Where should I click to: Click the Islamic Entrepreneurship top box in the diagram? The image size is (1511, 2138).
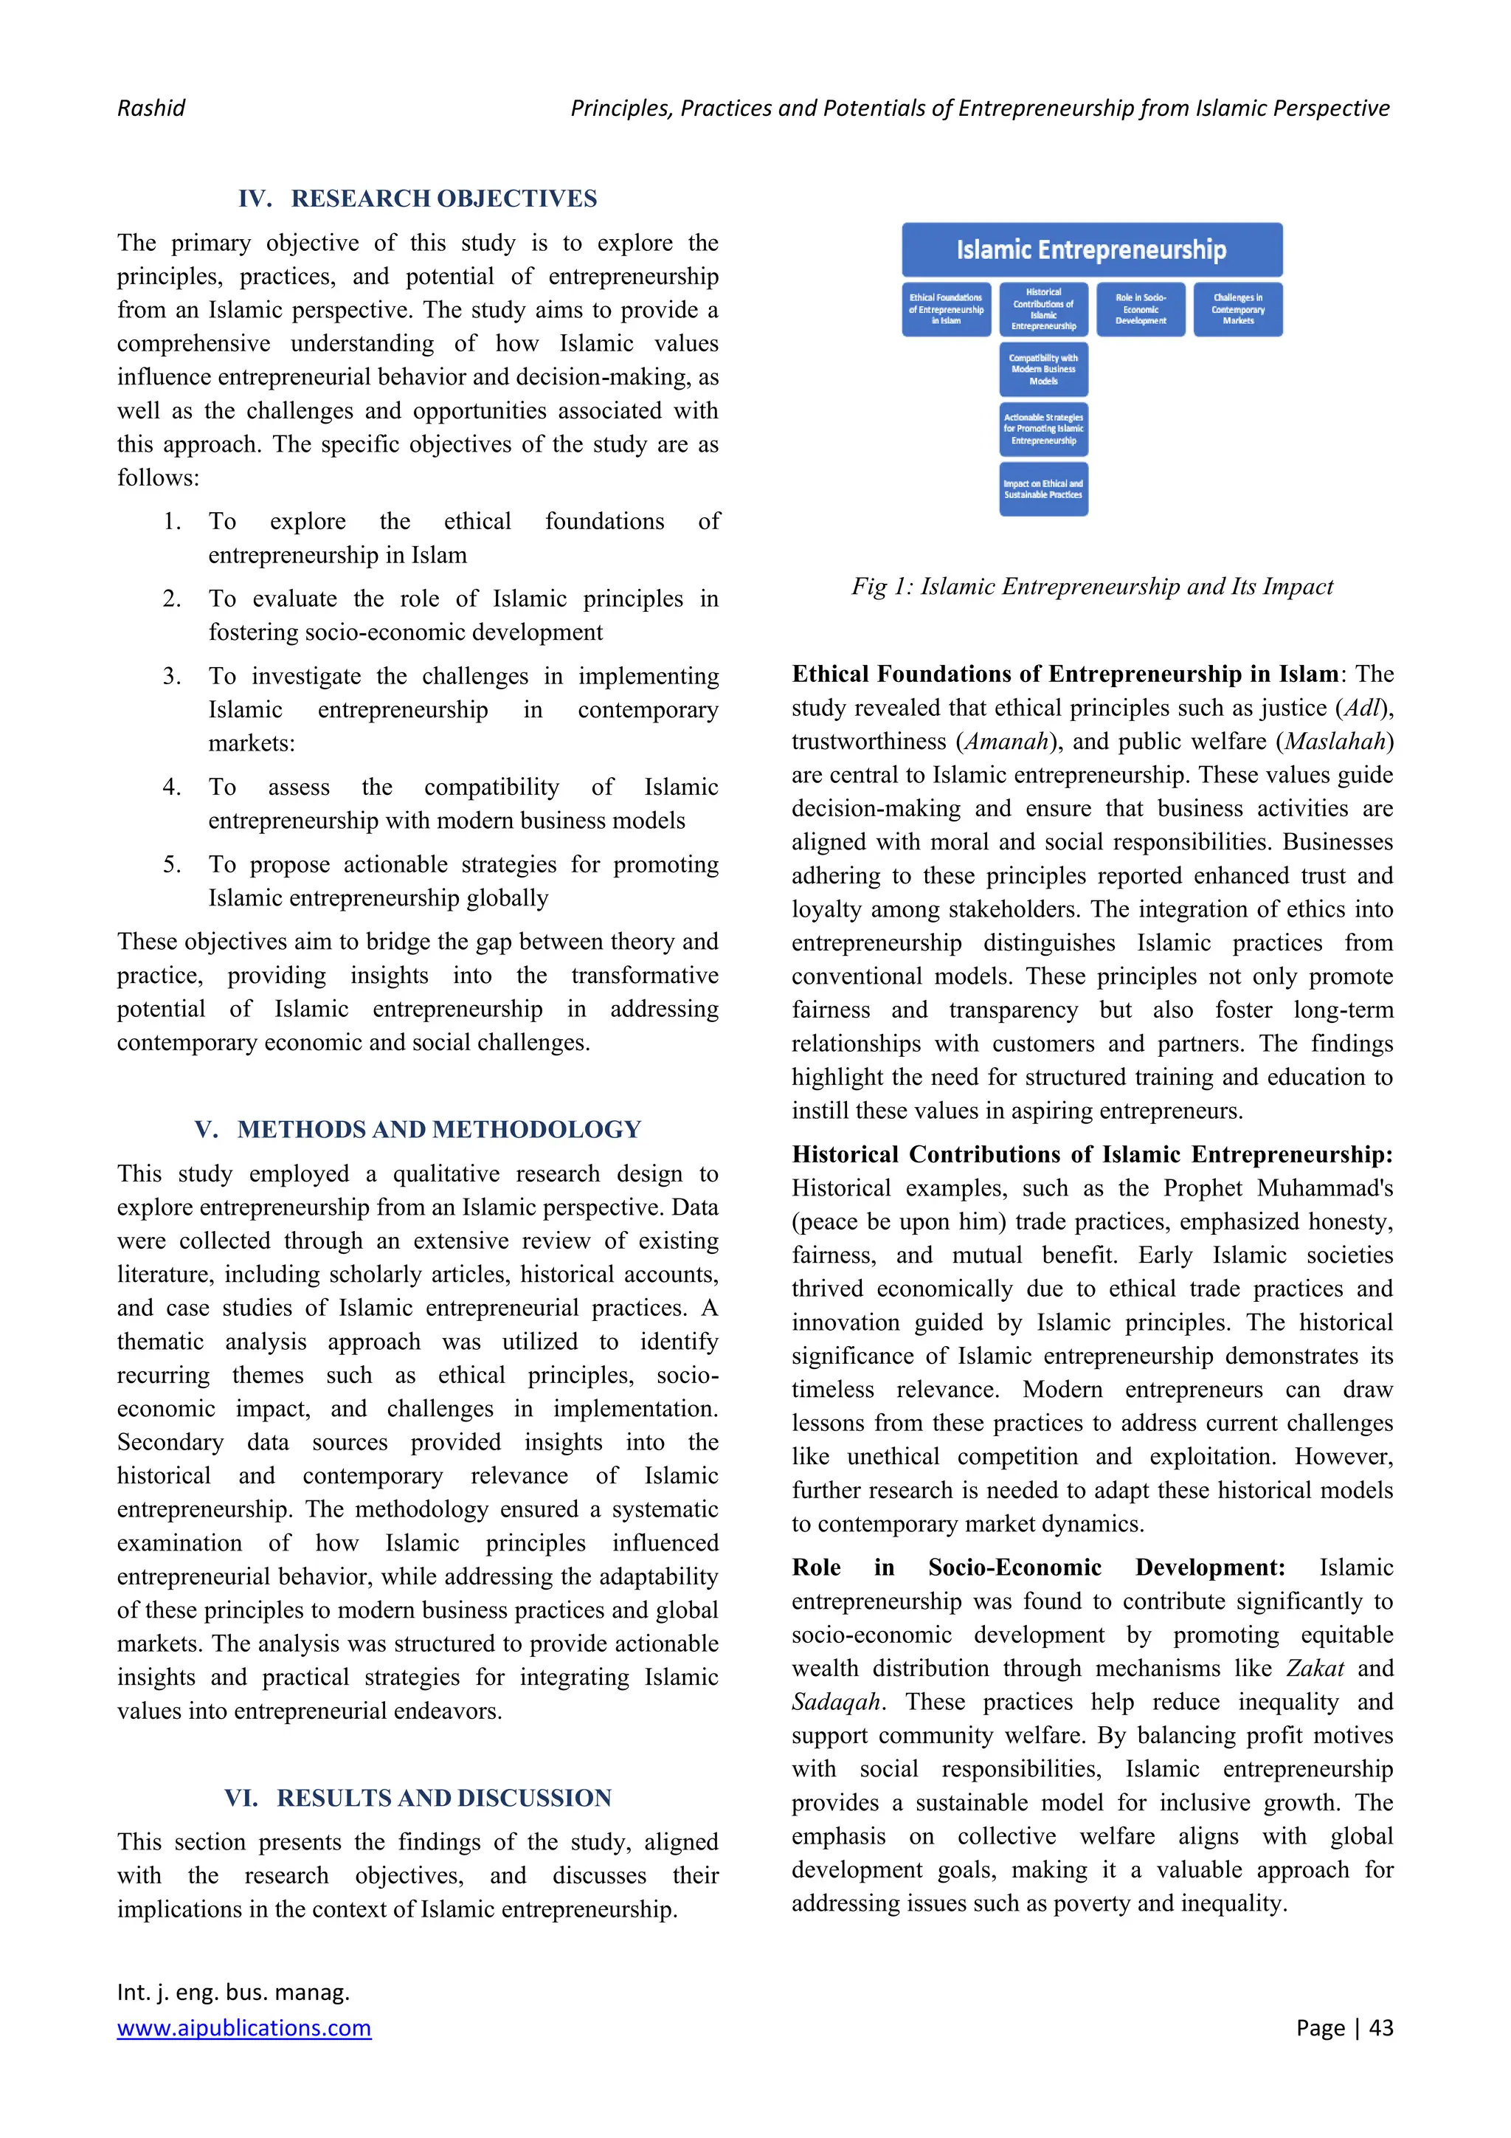point(1091,249)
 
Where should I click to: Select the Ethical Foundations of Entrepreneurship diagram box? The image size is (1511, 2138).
point(946,309)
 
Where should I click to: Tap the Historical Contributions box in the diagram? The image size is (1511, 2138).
point(1044,309)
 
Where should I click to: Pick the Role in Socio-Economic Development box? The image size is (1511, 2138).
point(1141,309)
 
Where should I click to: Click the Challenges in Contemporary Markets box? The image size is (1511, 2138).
point(1237,309)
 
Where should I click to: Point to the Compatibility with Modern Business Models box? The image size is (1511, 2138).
point(1044,370)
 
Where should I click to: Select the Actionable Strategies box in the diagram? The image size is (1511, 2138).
point(1044,430)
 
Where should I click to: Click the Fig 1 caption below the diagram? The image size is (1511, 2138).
point(1091,587)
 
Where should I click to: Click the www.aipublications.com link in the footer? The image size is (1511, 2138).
point(244,2028)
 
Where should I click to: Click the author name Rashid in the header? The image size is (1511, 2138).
point(151,109)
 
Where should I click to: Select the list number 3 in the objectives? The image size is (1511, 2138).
point(171,676)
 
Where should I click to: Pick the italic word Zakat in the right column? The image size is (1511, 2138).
point(1315,1669)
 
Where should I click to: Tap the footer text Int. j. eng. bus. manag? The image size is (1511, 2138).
point(232,1993)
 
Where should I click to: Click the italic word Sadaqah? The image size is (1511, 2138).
point(835,1702)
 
